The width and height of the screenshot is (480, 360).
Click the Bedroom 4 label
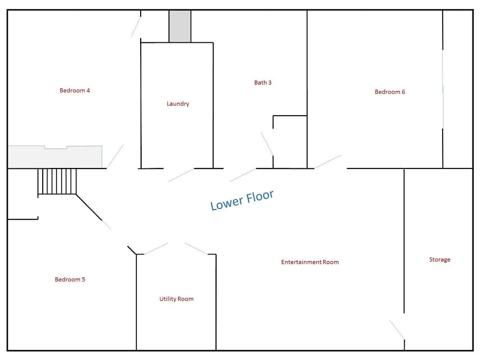(x=75, y=91)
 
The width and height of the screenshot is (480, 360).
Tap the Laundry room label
(x=178, y=104)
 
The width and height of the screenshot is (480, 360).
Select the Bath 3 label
(x=263, y=83)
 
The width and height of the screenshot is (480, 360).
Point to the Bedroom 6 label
(x=390, y=92)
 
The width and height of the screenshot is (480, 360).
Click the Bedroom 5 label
(x=70, y=279)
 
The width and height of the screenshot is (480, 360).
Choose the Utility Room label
(x=176, y=299)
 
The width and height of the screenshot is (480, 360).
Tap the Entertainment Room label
(x=310, y=262)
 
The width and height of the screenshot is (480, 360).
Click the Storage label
(x=440, y=260)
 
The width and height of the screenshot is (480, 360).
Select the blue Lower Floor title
(x=242, y=200)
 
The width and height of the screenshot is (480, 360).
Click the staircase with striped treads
(x=57, y=181)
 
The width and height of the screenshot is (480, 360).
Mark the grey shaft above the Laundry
(x=180, y=26)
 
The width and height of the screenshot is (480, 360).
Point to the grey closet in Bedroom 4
(x=55, y=157)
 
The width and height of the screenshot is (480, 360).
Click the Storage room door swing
(x=397, y=330)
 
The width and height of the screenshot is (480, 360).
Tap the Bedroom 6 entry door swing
(x=327, y=162)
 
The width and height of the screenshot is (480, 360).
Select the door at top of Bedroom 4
(x=136, y=27)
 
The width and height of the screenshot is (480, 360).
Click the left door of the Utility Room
(x=156, y=249)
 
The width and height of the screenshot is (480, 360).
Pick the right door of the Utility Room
(x=196, y=249)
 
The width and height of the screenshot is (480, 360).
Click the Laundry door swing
(x=181, y=175)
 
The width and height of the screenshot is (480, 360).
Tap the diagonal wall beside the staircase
(x=89, y=207)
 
